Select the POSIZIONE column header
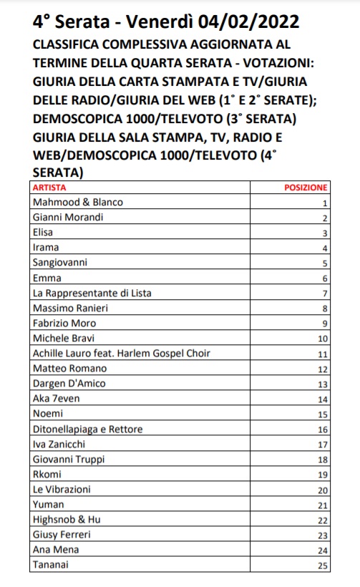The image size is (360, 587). [x=306, y=188]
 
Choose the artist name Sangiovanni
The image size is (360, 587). [x=61, y=263]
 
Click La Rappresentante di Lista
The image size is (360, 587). [x=92, y=293]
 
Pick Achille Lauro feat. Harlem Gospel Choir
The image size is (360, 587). [x=121, y=354]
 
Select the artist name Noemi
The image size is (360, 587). [x=47, y=414]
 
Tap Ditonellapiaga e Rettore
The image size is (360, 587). [x=88, y=430]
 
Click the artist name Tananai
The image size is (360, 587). [x=52, y=566]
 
